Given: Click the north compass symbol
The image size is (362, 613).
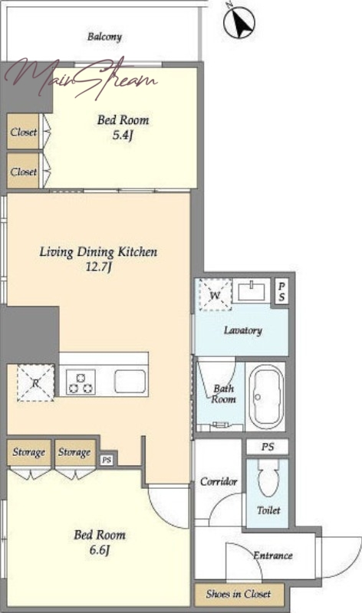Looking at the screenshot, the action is (x=239, y=22).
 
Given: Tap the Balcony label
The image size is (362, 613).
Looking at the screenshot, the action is (x=104, y=37).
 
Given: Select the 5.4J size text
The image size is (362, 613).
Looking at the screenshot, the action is (x=123, y=136).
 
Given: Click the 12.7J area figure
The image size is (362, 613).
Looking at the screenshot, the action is (x=99, y=267).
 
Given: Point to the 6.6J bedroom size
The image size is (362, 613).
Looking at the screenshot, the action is (x=100, y=550).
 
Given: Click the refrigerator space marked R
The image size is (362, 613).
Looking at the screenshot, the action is (x=35, y=383).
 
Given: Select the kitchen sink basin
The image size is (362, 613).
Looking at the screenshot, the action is (x=130, y=381).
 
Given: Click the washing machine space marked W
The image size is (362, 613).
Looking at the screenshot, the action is (x=216, y=295).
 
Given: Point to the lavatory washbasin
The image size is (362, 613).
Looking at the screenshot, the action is (x=252, y=291).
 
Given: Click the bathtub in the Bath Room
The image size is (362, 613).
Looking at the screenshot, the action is (x=267, y=397).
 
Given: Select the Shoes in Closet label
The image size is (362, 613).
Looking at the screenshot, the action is (x=239, y=594).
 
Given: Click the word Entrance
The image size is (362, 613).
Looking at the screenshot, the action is (x=273, y=555).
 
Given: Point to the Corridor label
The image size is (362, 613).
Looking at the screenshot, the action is (x=219, y=481).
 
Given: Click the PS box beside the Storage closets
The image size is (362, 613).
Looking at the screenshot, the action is (x=107, y=461).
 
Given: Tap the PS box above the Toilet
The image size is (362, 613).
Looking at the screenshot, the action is (x=268, y=447).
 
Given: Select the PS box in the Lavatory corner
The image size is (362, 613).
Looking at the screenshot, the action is (x=281, y=291).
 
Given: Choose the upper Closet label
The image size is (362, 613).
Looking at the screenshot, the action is (x=24, y=132).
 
